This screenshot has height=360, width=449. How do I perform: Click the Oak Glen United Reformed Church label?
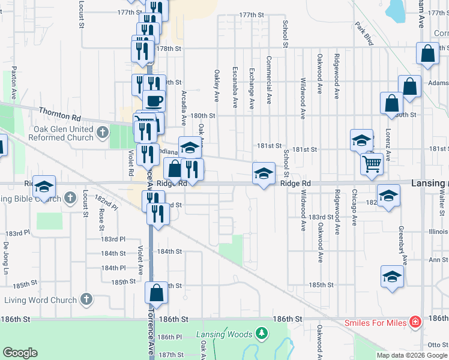click(56, 133)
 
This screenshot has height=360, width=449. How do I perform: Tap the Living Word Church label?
click(38, 300)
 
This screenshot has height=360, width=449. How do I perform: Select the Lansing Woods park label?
click(225, 334)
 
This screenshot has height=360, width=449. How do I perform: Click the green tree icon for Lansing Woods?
click(261, 332)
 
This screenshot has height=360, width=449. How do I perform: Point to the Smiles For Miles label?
click(375, 323)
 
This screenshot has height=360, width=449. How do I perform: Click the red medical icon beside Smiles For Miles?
click(415, 322)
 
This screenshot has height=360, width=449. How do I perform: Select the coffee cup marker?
click(154, 100)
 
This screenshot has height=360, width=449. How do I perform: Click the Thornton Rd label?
click(59, 112)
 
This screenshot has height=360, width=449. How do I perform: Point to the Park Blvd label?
click(364, 35)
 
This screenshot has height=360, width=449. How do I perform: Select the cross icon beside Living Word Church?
click(86, 299)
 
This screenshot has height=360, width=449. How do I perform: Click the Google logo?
click(20, 353)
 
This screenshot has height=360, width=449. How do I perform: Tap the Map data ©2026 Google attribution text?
click(412, 355)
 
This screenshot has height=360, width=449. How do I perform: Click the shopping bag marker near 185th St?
click(157, 293)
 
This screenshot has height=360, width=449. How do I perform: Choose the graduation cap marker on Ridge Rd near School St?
click(263, 173)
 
